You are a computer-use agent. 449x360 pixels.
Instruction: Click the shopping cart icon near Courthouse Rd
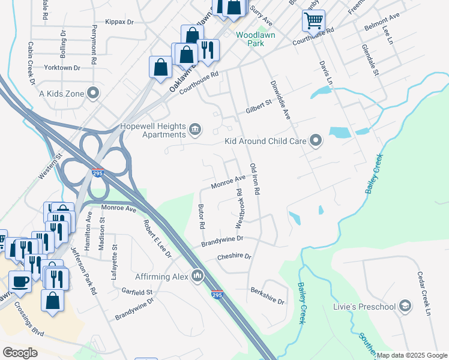(313, 22)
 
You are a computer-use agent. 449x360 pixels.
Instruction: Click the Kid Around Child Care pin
(316, 142)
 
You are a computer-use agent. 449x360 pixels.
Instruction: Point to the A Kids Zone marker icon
(92, 93)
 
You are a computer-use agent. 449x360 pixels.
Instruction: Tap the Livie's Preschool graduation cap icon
(405, 307)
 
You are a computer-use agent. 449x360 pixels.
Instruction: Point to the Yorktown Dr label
(63, 68)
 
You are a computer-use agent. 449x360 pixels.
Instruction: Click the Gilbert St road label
(259, 107)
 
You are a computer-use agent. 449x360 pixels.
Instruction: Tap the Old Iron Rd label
(255, 179)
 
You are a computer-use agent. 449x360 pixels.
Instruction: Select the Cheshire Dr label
(234, 257)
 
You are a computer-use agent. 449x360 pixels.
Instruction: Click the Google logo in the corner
(20, 353)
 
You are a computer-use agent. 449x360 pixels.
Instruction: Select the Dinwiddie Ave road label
(280, 100)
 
